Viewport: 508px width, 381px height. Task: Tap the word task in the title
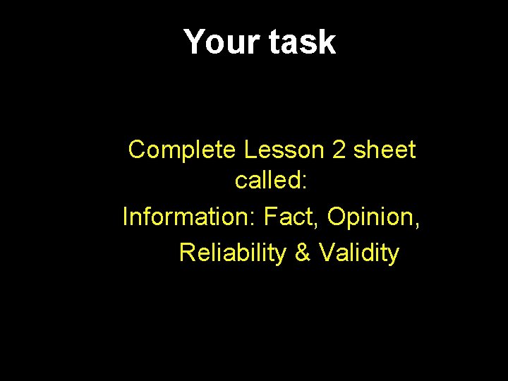click(x=301, y=42)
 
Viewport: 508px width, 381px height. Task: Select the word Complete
click(x=183, y=150)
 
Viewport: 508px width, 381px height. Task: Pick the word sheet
click(x=385, y=150)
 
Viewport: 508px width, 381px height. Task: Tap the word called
click(x=267, y=181)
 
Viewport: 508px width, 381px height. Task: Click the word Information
click(x=186, y=217)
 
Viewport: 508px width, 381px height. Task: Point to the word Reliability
click(x=234, y=253)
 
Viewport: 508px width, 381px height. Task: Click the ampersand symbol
click(x=303, y=253)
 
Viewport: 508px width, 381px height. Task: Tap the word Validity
click(x=359, y=253)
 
